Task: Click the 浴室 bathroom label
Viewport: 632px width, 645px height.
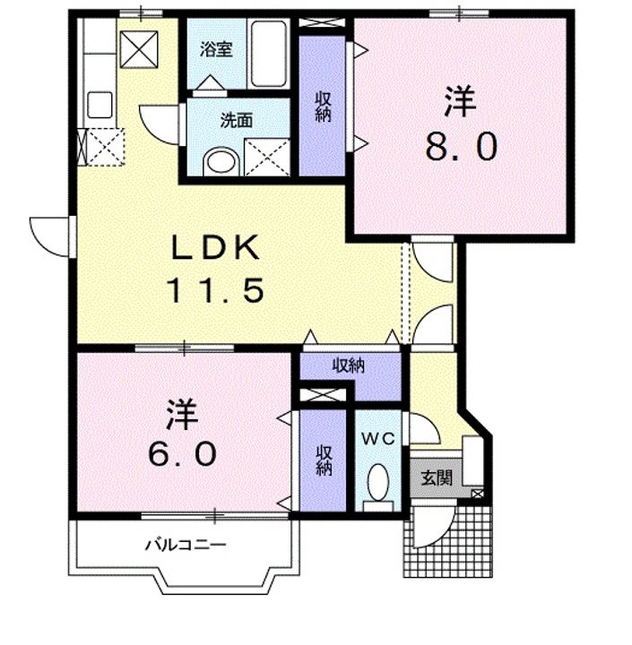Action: [x=217, y=50]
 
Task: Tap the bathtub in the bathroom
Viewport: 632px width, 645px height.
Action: [x=269, y=53]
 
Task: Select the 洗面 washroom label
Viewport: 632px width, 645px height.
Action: [x=237, y=121]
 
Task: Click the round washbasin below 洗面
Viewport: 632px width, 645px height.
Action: [x=221, y=161]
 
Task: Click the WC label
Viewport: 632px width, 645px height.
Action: [x=378, y=439]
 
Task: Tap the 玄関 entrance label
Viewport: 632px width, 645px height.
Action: [x=437, y=478]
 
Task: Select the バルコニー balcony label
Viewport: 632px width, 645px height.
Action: [x=186, y=546]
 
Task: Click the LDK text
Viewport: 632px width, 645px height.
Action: [x=215, y=247]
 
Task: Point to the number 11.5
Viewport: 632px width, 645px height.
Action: [x=214, y=290]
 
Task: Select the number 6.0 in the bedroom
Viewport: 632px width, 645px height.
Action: [x=182, y=453]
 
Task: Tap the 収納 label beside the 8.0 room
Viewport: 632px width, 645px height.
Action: [x=324, y=107]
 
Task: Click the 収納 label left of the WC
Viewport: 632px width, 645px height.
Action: [x=324, y=460]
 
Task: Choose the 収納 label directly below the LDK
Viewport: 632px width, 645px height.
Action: [x=349, y=365]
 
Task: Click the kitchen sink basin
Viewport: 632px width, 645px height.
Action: [x=100, y=105]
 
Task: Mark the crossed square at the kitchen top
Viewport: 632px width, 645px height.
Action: [x=139, y=49]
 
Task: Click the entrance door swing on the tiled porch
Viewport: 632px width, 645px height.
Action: [x=435, y=528]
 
